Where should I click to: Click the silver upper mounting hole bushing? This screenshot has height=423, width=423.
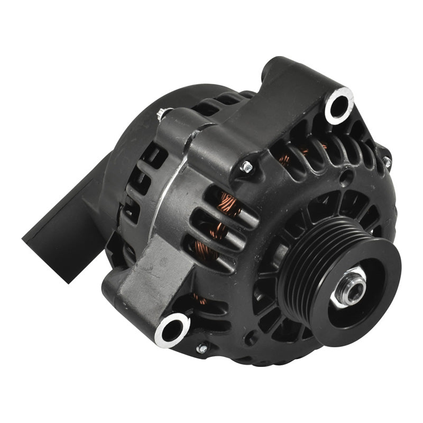click(x=338, y=104)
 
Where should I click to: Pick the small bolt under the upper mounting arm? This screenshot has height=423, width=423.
click(x=246, y=168)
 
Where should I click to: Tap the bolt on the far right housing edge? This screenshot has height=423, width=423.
click(x=387, y=161)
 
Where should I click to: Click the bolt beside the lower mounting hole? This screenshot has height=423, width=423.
click(x=201, y=348)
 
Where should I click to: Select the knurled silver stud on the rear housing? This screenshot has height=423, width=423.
click(x=162, y=114)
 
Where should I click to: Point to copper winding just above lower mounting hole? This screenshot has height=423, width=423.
click(x=200, y=299)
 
